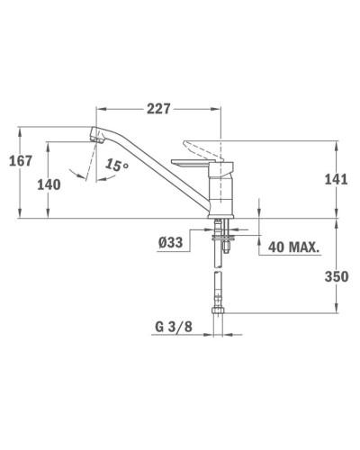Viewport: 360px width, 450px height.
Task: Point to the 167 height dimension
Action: coord(19,161)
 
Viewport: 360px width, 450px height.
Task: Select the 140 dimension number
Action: coord(49,185)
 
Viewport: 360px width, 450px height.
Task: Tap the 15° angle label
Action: coord(116,166)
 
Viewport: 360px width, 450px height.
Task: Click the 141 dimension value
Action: coord(334,179)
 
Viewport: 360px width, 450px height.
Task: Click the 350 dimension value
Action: coord(335,278)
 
